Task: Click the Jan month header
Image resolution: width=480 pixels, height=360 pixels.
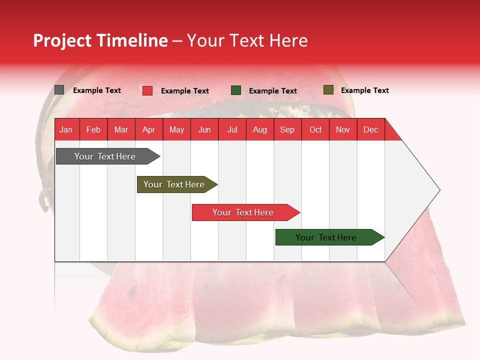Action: (x=66, y=129)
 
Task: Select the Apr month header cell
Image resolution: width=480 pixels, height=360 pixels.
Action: (x=149, y=129)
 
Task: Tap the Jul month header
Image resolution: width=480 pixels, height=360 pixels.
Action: (x=232, y=129)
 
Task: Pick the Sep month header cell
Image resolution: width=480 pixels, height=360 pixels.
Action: (x=287, y=129)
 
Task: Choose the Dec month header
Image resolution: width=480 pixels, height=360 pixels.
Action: (x=370, y=129)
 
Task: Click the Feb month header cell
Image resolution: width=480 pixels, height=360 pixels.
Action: (x=93, y=129)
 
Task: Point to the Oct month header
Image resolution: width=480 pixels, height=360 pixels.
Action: (x=315, y=129)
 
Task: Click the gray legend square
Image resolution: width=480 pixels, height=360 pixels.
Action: (x=59, y=90)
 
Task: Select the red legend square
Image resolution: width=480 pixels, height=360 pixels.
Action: (x=147, y=90)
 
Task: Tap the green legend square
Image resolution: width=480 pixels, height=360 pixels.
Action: (x=236, y=90)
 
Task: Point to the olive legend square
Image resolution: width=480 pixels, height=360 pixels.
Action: (x=328, y=90)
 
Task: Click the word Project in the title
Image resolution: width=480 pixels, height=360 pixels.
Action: (x=62, y=40)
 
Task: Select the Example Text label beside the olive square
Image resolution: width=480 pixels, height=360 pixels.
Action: (x=364, y=90)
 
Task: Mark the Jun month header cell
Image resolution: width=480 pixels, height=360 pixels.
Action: (x=204, y=129)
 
